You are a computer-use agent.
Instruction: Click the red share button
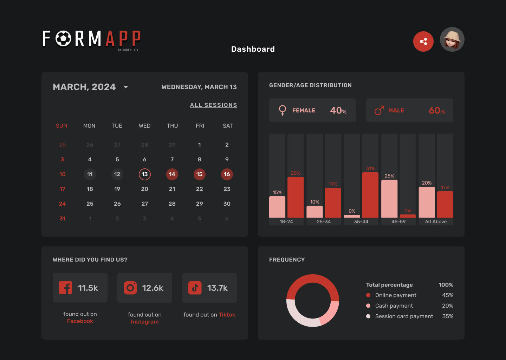(423, 41)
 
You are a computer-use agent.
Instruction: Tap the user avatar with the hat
(452, 39)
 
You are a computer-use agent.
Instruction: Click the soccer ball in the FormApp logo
(64, 39)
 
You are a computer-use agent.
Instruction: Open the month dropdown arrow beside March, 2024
(126, 87)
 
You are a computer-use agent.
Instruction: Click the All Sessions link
(213, 105)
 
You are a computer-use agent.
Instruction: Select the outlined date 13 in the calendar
(145, 174)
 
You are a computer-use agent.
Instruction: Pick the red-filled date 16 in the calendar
(227, 174)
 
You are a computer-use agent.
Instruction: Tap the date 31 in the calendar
(63, 219)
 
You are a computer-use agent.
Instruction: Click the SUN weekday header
(61, 126)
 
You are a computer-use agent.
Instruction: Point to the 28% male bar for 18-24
(296, 197)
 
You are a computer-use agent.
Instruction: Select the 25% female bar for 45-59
(389, 199)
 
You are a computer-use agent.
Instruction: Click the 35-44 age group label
(361, 222)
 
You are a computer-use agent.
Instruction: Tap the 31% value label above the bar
(370, 169)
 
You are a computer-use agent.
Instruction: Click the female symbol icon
(282, 110)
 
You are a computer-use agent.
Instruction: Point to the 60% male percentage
(437, 111)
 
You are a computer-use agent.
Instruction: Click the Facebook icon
(66, 288)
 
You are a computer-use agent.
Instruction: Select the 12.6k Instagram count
(153, 288)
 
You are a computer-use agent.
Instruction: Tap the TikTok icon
(195, 288)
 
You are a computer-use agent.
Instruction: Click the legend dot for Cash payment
(368, 306)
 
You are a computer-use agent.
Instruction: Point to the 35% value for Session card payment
(448, 316)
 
